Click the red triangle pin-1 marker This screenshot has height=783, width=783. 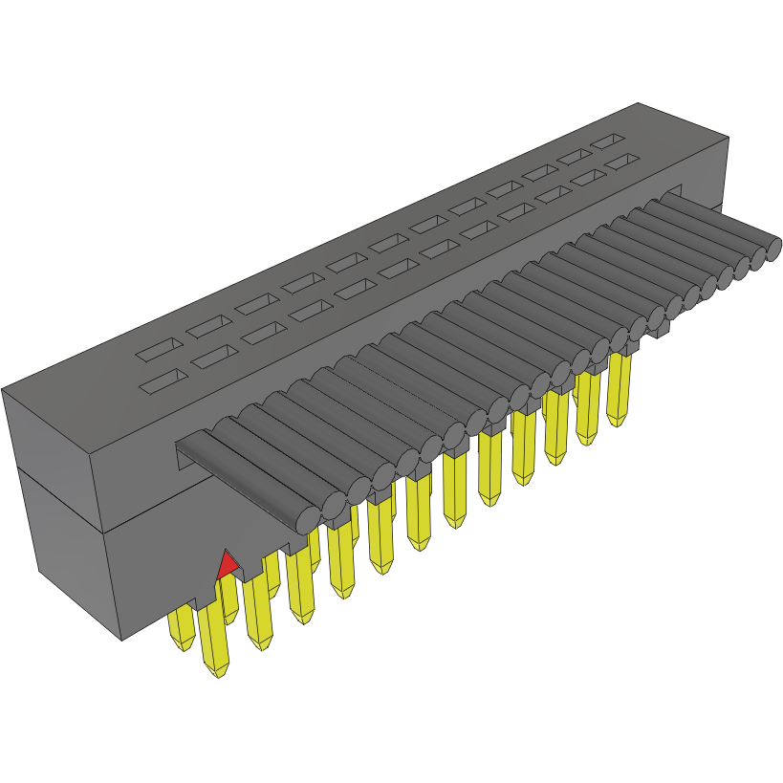pos(227,566)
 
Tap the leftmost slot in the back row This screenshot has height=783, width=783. pos(158,349)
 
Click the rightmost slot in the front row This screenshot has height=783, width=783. pos(622,162)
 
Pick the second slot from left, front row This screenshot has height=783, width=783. pos(214,357)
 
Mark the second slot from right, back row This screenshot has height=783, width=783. pos(576,156)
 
